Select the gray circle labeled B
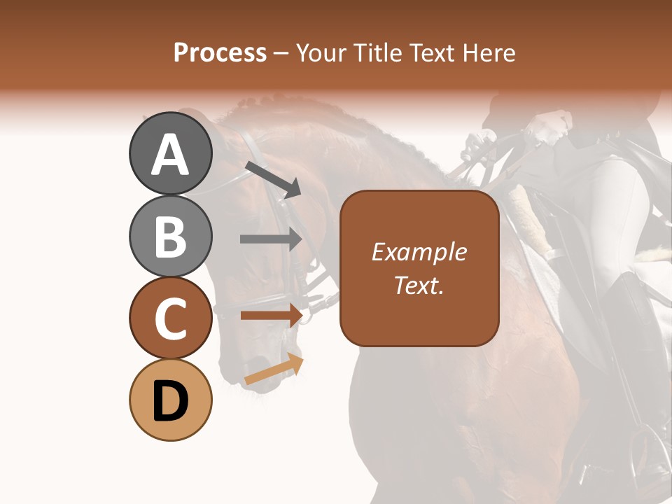pos(170,236)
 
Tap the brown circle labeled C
pos(170,318)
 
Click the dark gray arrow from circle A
pos(273,179)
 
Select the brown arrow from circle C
pos(271,315)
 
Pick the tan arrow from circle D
pos(274,369)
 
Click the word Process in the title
pos(220,52)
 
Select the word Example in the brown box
pos(419,252)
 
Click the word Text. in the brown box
pos(419,285)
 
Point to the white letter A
pos(170,155)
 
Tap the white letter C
pos(170,318)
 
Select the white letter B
pos(170,236)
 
